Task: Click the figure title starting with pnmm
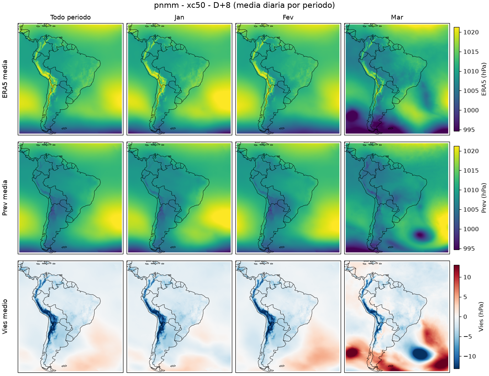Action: (244, 5)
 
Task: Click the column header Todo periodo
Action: (70, 17)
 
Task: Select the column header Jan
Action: (179, 17)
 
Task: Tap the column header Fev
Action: (288, 17)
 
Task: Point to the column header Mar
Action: (397, 17)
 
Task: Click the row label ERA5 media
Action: (5, 79)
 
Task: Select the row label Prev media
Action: (5, 198)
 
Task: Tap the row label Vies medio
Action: (5, 317)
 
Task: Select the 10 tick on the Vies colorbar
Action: (467, 277)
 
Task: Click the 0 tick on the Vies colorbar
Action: (465, 317)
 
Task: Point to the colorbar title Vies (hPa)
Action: (481, 317)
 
